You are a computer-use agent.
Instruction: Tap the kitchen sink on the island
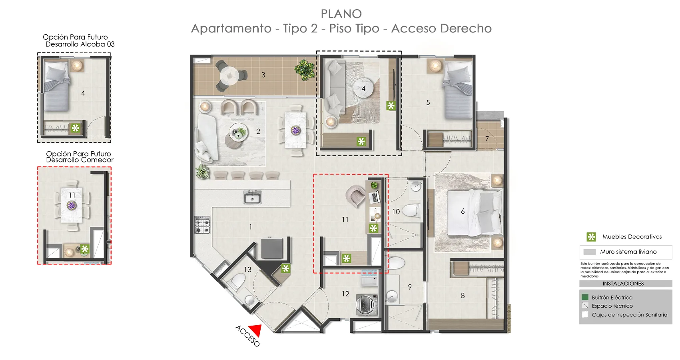pyautogui.click(x=253, y=197)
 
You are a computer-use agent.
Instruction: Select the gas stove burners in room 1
pyautogui.click(x=202, y=225)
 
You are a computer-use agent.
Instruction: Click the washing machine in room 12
pyautogui.click(x=367, y=305)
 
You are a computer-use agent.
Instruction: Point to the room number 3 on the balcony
pyautogui.click(x=263, y=75)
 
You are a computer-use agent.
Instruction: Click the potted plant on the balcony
pyautogui.click(x=305, y=70)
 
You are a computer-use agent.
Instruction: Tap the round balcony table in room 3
pyautogui.click(x=229, y=75)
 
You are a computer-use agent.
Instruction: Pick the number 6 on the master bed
pyautogui.click(x=463, y=211)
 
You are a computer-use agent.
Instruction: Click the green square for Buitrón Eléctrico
pyautogui.click(x=585, y=297)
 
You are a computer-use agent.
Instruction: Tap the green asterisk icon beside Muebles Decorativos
pyautogui.click(x=591, y=237)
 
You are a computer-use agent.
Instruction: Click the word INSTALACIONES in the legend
pyautogui.click(x=623, y=284)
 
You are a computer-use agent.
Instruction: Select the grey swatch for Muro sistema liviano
pyautogui.click(x=590, y=252)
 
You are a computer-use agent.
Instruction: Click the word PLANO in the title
pyautogui.click(x=341, y=14)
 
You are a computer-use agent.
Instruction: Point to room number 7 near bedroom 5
pyautogui.click(x=487, y=139)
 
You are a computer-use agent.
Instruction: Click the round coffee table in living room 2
pyautogui.click(x=239, y=133)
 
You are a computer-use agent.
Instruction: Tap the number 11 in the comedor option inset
pyautogui.click(x=72, y=195)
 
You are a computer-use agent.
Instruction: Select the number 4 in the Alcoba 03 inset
pyautogui.click(x=83, y=93)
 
